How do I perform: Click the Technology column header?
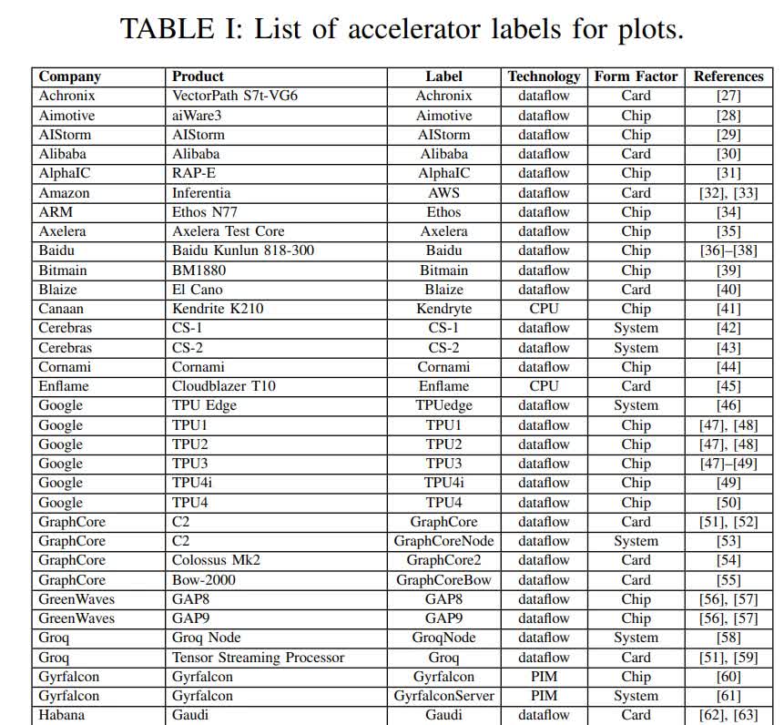(x=544, y=77)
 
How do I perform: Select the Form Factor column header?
(x=636, y=77)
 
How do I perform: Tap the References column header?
(x=728, y=77)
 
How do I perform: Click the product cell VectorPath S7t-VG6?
(x=235, y=96)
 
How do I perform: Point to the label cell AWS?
(x=444, y=193)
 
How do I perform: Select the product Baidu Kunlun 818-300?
(x=243, y=250)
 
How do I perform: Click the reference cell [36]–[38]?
(x=728, y=250)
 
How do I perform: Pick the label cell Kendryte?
(x=444, y=309)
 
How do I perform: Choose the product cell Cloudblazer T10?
(x=224, y=386)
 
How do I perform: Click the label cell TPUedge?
(x=444, y=405)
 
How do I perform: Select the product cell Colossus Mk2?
(x=216, y=560)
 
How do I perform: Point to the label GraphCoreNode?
(x=444, y=541)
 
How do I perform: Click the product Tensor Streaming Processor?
(x=259, y=658)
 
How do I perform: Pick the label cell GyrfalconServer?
(x=444, y=696)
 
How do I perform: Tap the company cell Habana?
(x=62, y=715)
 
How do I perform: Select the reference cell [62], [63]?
(x=728, y=715)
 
